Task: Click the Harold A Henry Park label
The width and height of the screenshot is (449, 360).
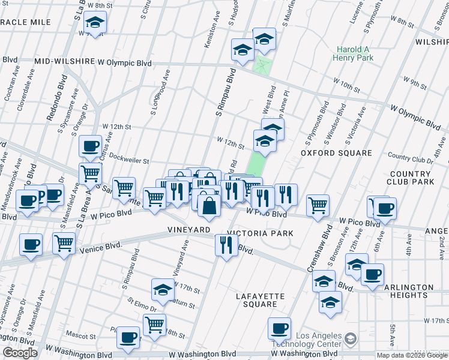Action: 354,53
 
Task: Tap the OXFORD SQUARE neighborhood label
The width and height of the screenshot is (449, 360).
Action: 336,153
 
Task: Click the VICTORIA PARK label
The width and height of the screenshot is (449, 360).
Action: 261,233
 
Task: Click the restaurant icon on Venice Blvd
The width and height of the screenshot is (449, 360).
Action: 226,244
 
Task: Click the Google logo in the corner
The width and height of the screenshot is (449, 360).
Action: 19,353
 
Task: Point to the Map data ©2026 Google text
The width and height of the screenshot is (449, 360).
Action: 411,355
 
